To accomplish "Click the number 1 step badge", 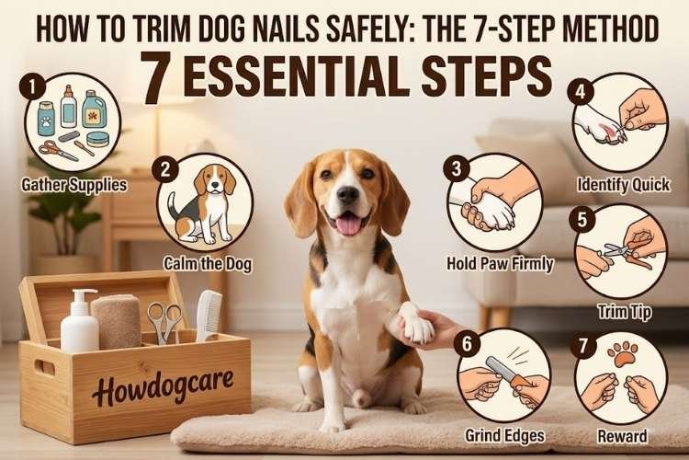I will [x=33, y=89].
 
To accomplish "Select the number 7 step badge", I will [x=580, y=347].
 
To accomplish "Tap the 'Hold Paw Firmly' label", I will [x=499, y=265].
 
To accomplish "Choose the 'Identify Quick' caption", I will [x=622, y=185].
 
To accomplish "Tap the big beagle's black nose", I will [x=347, y=194].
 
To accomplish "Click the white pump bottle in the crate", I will [x=80, y=322].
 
